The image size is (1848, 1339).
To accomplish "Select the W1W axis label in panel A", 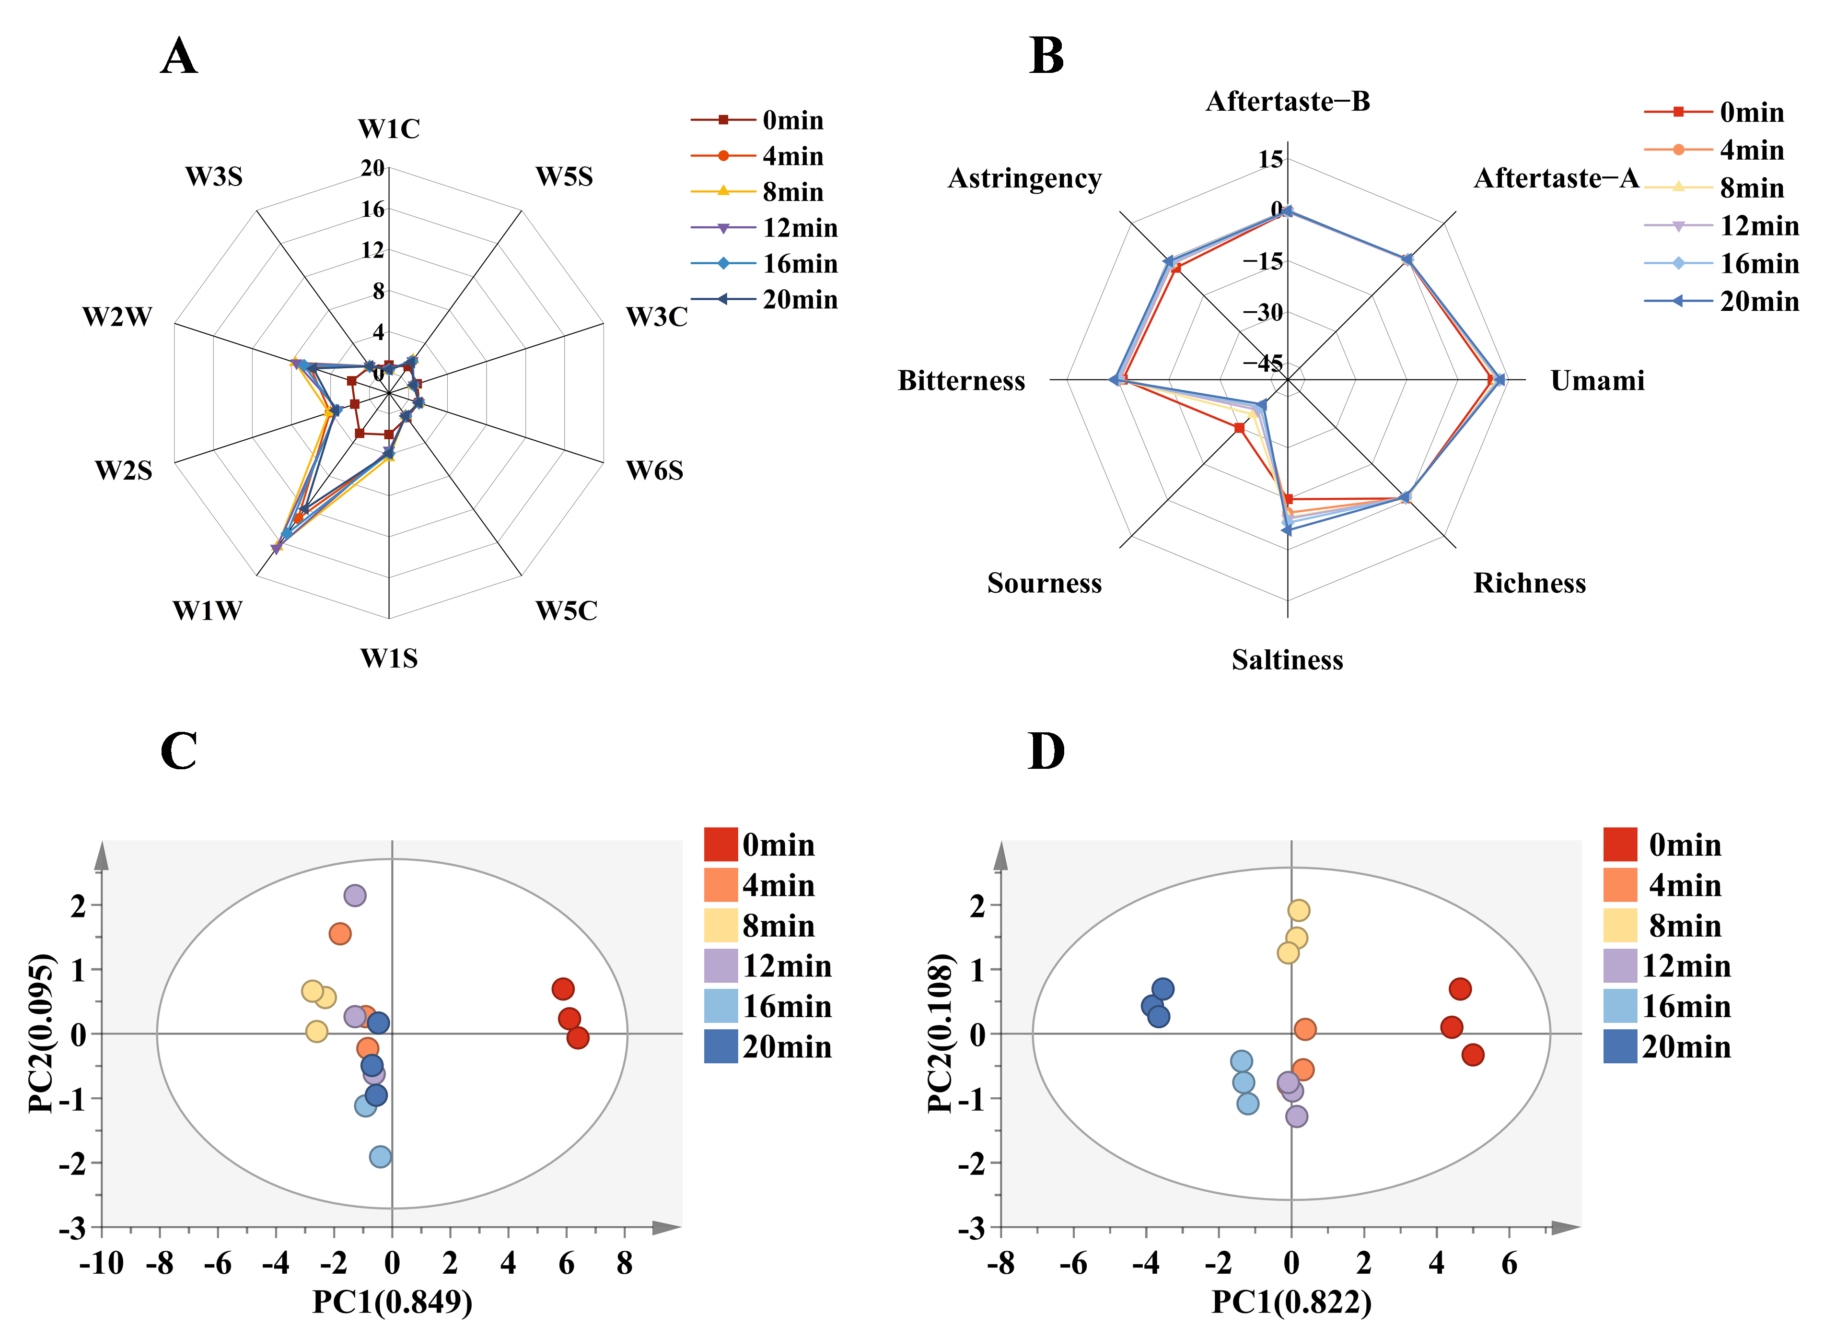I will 207,611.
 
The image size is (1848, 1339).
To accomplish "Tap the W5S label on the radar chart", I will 564,177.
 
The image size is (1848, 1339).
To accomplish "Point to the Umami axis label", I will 1597,381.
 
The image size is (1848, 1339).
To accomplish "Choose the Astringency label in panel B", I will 1024,178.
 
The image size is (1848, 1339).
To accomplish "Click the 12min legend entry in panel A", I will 799,228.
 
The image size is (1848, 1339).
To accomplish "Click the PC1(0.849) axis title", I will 392,1303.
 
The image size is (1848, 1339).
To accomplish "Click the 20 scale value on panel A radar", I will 372,168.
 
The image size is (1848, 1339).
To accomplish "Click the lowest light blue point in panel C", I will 380,1156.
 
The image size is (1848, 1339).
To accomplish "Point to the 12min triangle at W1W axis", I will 276,549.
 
